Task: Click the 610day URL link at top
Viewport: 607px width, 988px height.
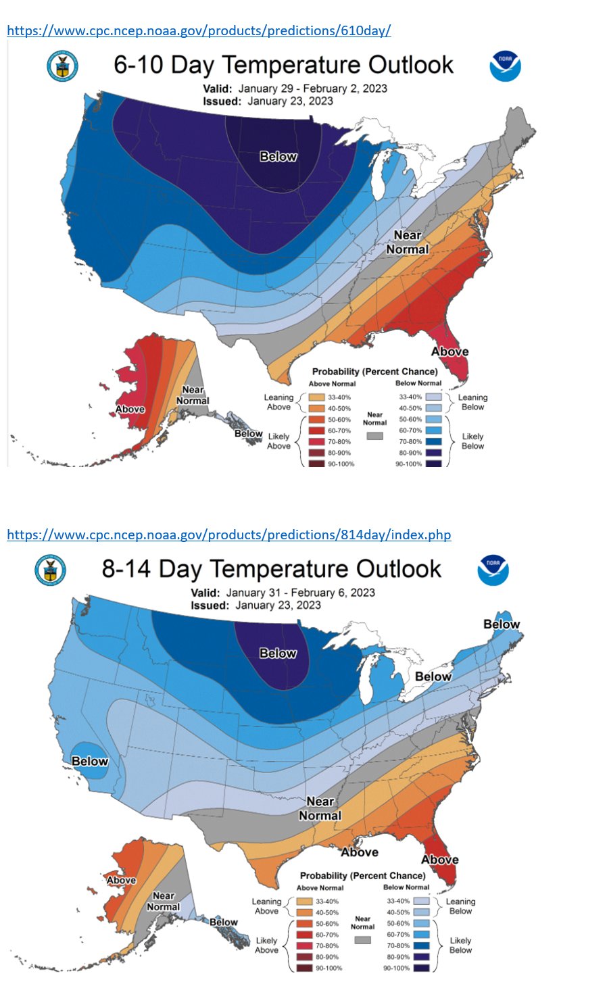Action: (199, 30)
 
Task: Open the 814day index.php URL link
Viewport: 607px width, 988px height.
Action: (228, 535)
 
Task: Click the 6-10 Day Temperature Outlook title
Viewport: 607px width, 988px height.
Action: (283, 65)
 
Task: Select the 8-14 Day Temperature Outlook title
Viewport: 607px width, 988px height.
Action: (271, 569)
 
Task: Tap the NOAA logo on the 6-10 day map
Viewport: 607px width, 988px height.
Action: (505, 66)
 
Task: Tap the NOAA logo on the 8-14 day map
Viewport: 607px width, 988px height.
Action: (493, 570)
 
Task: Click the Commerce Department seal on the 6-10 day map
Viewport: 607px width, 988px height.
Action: (62, 66)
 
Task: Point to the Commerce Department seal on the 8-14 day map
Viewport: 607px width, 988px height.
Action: (50, 570)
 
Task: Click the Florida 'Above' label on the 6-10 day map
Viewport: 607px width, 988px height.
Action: (450, 351)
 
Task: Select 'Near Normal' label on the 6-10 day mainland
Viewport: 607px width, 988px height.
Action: (408, 242)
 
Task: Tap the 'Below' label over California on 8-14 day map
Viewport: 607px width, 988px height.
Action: (90, 761)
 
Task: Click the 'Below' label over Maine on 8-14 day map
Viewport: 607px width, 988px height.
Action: (502, 624)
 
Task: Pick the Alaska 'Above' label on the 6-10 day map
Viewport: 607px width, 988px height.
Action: (130, 409)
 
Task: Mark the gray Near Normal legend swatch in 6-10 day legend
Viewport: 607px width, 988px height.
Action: (374, 436)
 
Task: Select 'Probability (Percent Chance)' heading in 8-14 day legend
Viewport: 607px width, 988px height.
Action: (362, 875)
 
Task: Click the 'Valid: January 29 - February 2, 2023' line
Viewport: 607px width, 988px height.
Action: (295, 89)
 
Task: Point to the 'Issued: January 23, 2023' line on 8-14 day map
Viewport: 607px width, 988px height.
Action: (256, 605)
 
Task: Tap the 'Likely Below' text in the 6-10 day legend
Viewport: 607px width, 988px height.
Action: (472, 441)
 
